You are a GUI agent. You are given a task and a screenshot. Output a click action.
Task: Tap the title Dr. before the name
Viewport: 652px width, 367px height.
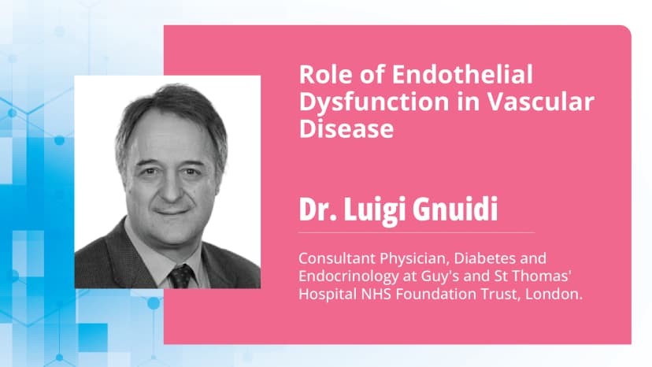(320, 210)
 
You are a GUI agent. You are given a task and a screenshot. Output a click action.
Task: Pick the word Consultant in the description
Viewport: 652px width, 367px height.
(332, 258)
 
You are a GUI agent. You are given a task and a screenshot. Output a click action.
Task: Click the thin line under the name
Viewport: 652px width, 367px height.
(417, 233)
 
